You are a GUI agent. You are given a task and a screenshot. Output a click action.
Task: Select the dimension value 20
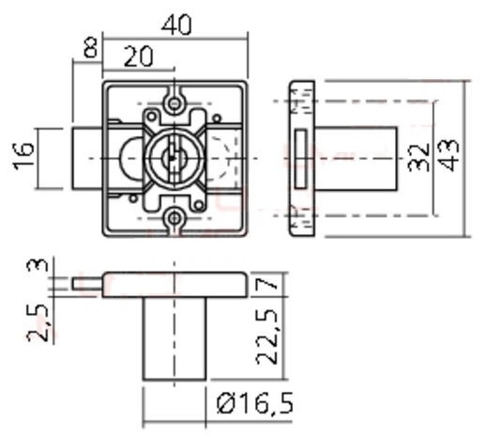[x=138, y=56]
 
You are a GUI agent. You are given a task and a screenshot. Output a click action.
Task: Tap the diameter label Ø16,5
[x=254, y=404]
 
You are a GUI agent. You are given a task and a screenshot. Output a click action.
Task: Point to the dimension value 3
[x=38, y=266]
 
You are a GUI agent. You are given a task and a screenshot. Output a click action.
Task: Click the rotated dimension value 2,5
[x=38, y=322]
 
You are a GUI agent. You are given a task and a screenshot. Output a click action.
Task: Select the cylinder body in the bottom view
[x=174, y=339]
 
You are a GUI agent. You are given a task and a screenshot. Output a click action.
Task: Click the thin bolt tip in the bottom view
[x=87, y=281]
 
